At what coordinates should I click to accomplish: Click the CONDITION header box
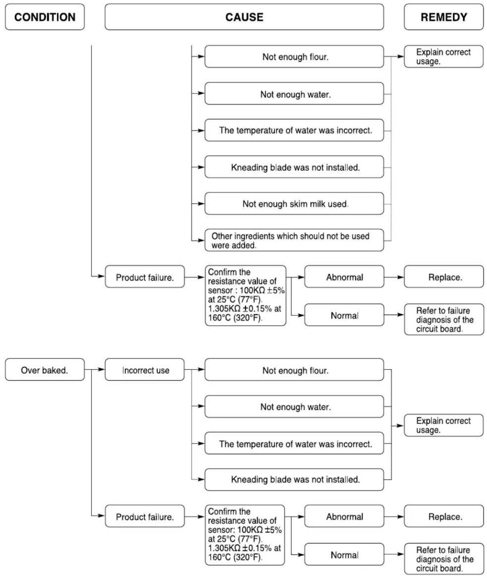pyautogui.click(x=45, y=17)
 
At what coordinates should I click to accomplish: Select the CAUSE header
pyautogui.click(x=244, y=17)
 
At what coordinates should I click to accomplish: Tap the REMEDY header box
pyautogui.click(x=443, y=17)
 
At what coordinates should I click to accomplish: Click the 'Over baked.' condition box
pyautogui.click(x=45, y=370)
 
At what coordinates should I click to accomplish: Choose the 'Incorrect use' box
pyautogui.click(x=144, y=370)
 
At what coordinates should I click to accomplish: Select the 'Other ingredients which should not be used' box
pyautogui.click(x=294, y=240)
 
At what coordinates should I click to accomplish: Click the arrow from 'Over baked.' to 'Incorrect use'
pyautogui.click(x=95, y=369)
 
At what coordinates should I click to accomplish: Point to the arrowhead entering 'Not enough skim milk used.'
pyautogui.click(x=201, y=203)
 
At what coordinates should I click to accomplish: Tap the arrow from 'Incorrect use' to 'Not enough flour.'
pyautogui.click(x=194, y=369)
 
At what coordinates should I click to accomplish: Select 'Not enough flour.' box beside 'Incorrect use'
pyautogui.click(x=294, y=370)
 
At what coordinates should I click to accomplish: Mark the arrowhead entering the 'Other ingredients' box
pyautogui.click(x=201, y=240)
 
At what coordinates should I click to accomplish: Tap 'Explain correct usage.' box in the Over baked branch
pyautogui.click(x=443, y=425)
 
